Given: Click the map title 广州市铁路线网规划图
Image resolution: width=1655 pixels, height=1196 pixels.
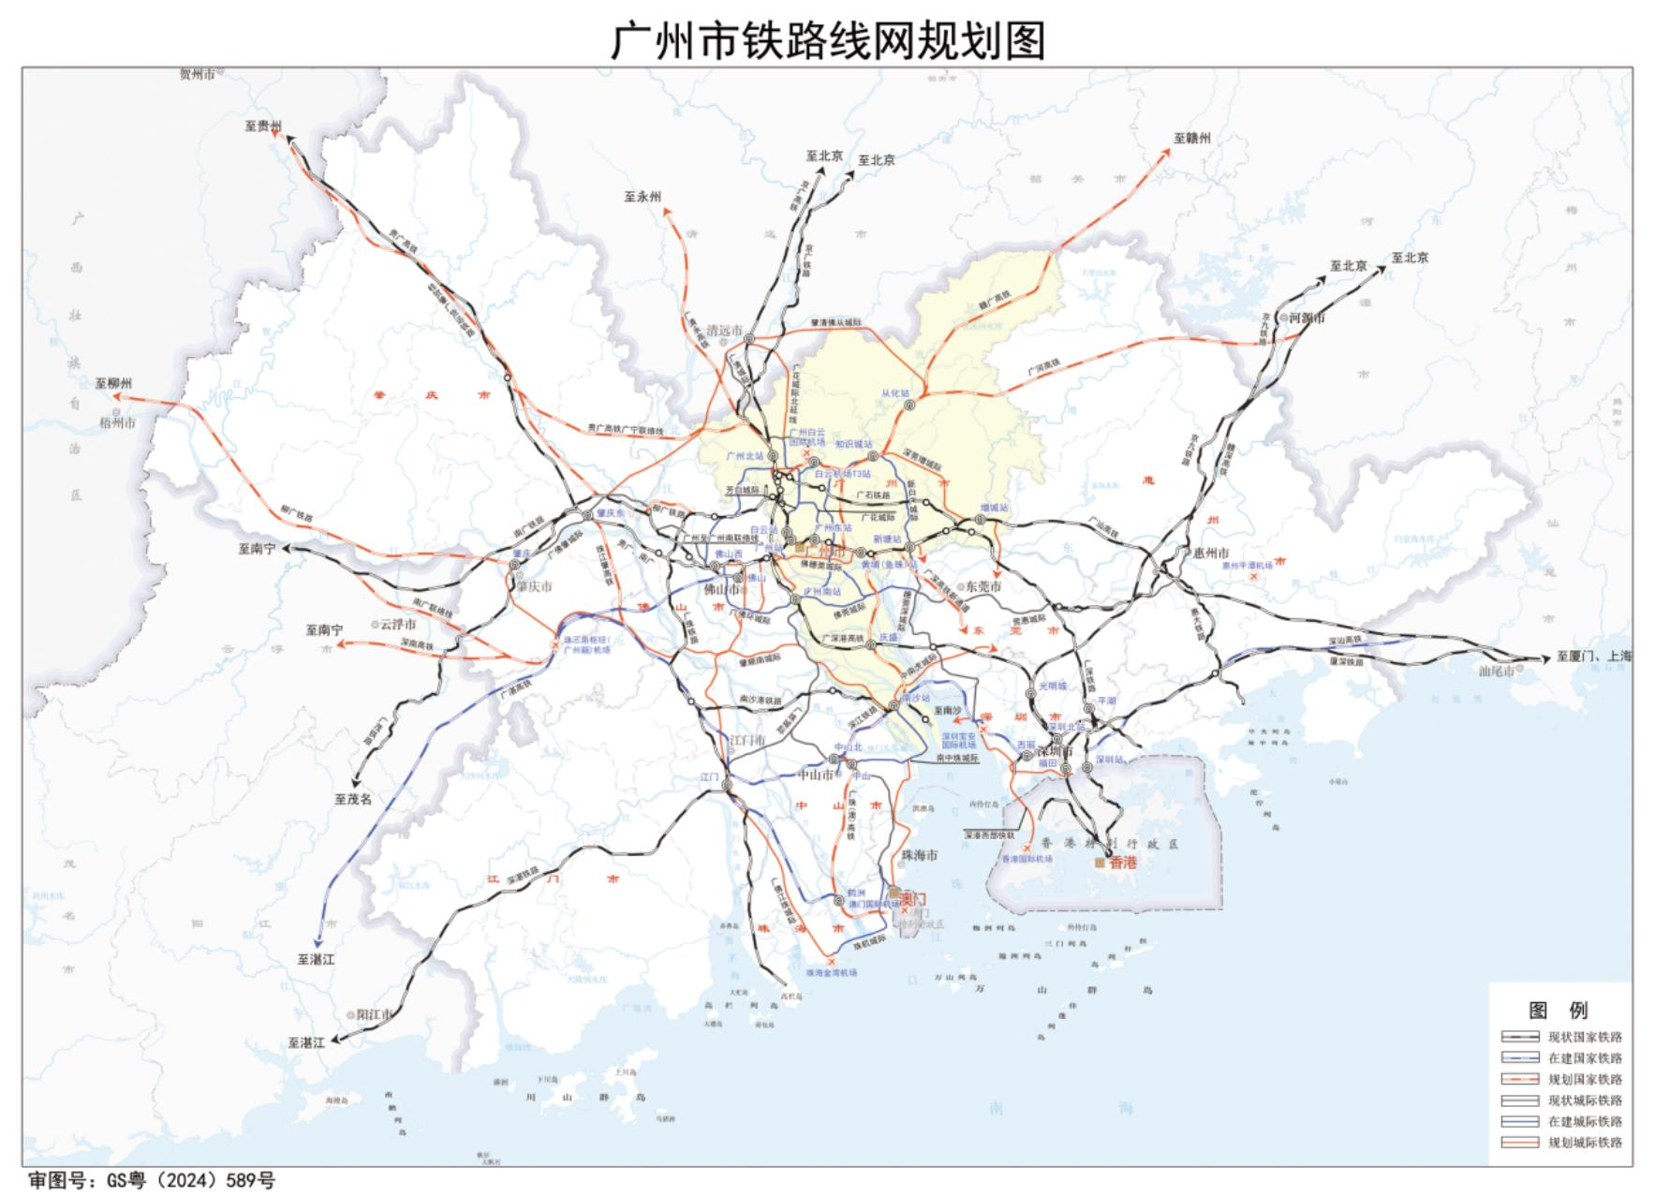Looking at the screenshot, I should (827, 41).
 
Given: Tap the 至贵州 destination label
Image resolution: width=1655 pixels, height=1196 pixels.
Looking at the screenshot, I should (263, 126).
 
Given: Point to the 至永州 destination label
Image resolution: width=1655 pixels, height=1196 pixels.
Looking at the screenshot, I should (643, 197).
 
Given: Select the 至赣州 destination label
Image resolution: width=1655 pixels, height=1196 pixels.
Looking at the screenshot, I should (1192, 138).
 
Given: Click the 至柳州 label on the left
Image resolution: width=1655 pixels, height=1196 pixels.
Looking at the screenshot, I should (114, 384).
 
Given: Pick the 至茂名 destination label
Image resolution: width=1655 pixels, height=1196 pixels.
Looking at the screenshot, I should (353, 800).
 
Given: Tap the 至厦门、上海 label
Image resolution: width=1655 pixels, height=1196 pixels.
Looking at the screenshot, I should (1593, 657).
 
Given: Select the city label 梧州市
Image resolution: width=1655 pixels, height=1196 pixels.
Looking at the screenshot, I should (118, 423).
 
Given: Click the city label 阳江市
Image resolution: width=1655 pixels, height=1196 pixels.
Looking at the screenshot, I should (372, 1014).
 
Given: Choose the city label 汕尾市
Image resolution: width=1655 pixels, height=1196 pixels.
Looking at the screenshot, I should (1496, 672).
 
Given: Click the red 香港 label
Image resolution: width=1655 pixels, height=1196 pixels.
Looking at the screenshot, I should (1122, 863).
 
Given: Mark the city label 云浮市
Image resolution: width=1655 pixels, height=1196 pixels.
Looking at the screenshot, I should (397, 625).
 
